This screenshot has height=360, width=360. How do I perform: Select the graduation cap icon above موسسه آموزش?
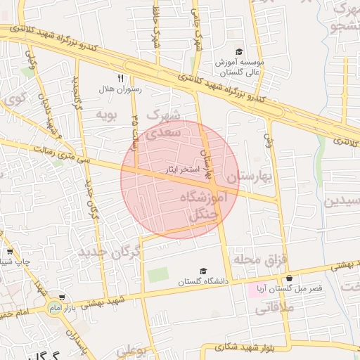tap(239, 52)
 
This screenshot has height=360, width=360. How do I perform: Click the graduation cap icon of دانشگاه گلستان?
tap(204, 271)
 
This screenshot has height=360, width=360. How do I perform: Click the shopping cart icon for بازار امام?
tap(63, 297)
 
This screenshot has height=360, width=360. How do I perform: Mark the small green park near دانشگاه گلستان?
tap(157, 275)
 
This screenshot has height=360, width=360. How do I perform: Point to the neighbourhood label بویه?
tap(105, 113)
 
